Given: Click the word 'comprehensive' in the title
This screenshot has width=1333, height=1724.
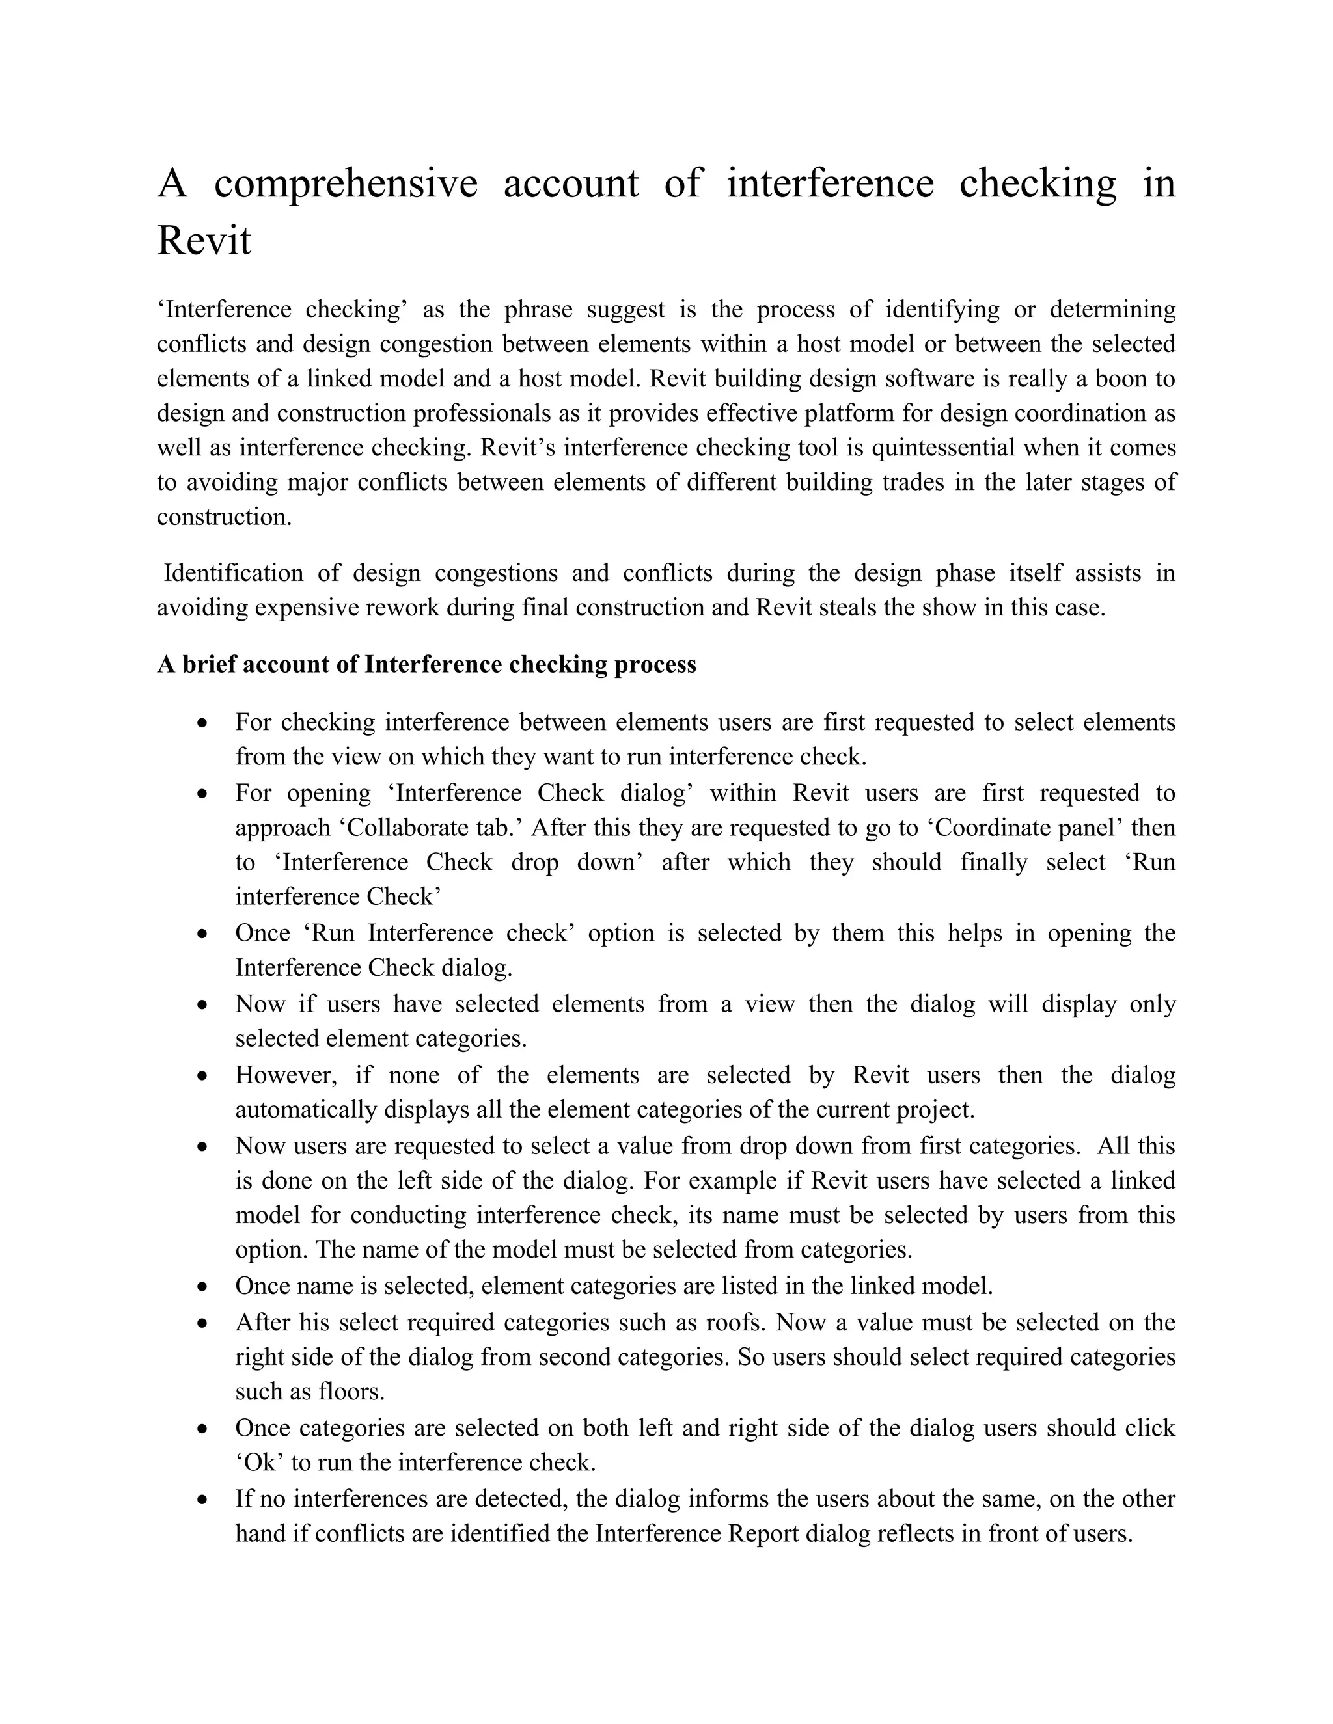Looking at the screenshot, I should tap(346, 184).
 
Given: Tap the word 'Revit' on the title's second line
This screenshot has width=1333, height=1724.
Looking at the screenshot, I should tap(204, 241).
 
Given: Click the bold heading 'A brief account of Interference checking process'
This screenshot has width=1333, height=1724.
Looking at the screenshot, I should tap(426, 665).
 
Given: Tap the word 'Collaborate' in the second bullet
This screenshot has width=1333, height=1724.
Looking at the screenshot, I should tap(410, 828).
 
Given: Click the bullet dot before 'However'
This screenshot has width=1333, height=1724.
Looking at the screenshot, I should tap(204, 1076).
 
